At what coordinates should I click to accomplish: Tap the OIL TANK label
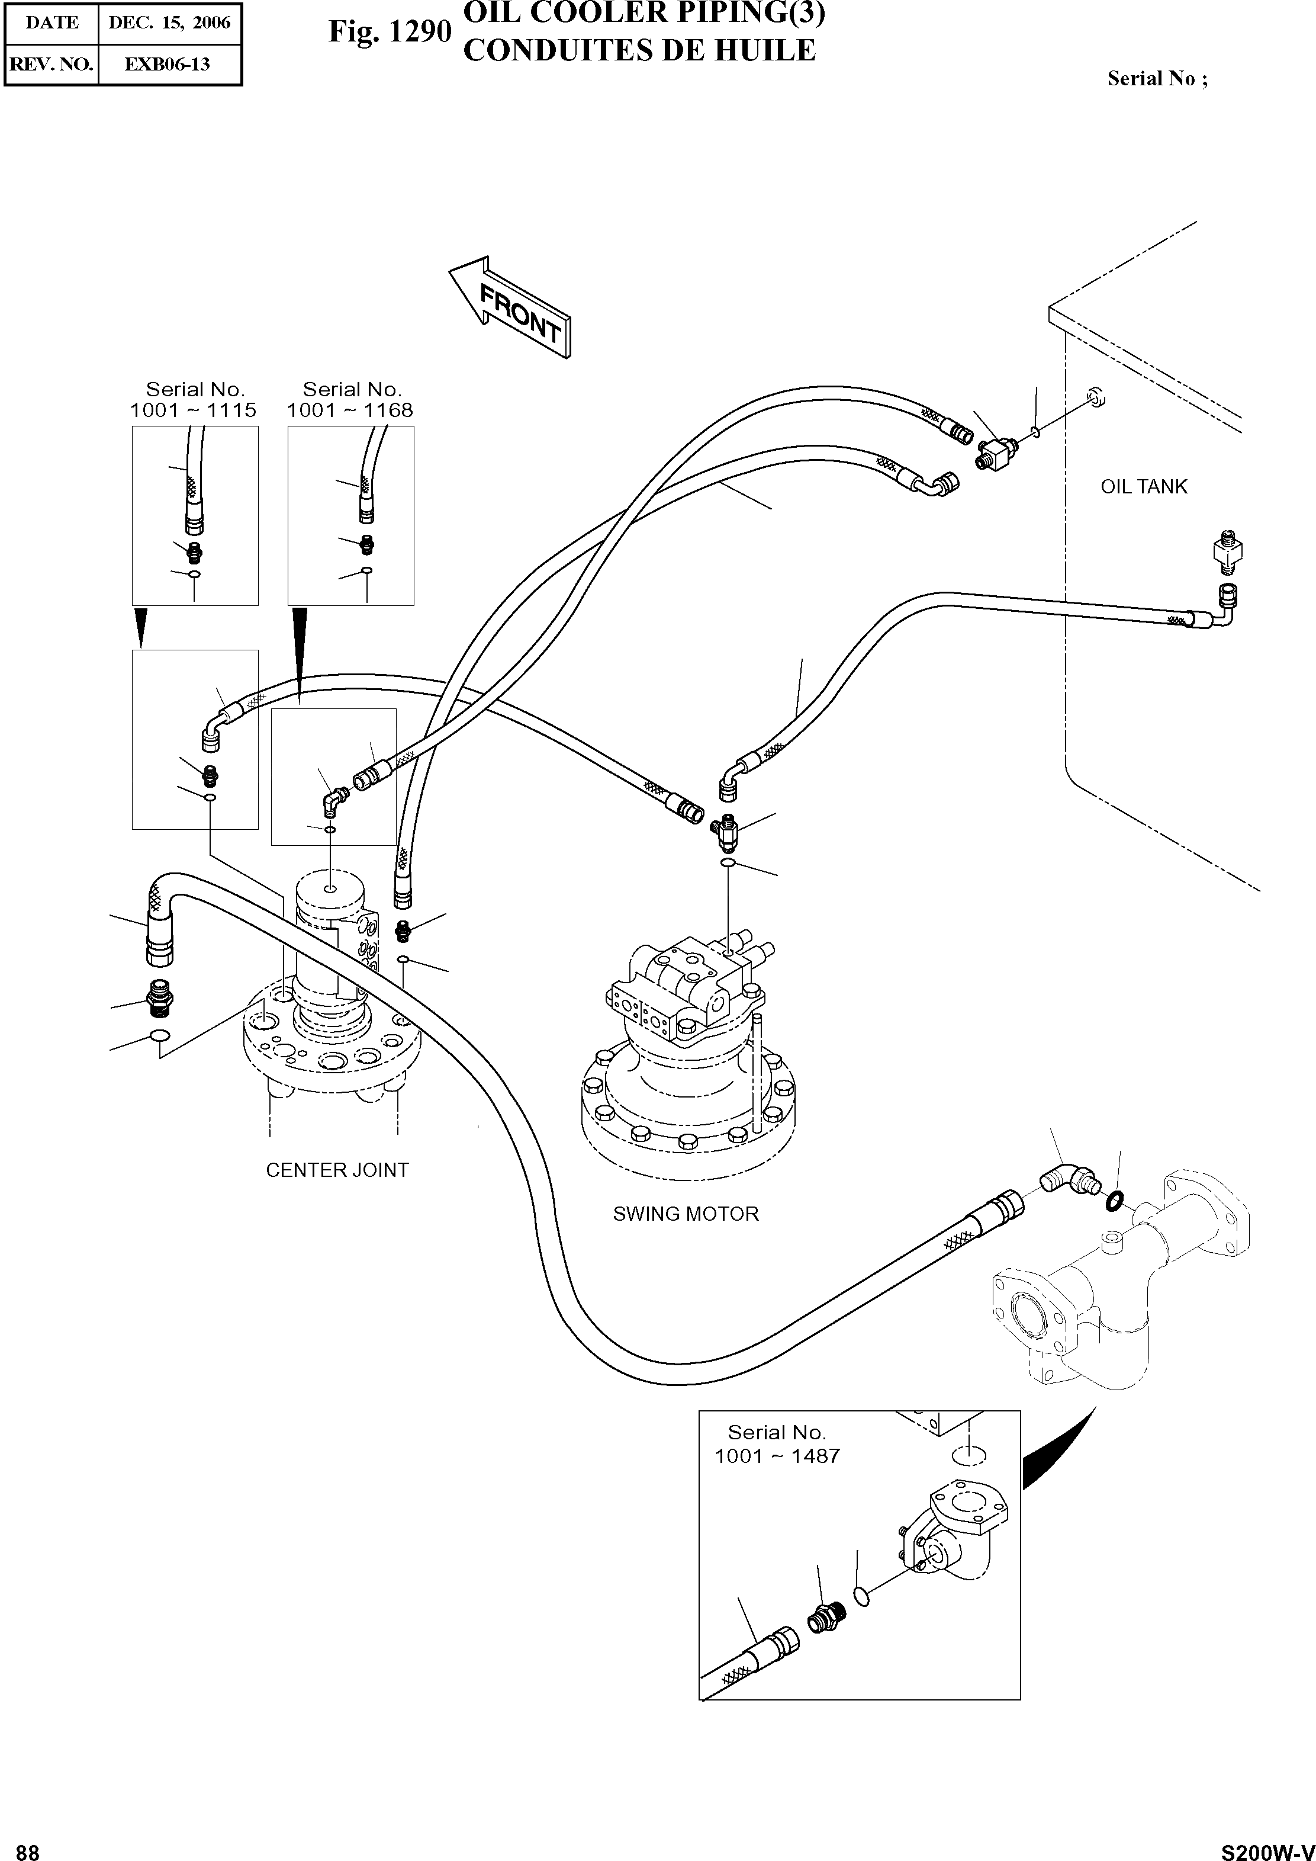[1143, 487]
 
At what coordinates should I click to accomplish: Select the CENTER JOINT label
[337, 1170]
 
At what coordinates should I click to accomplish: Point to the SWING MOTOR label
[686, 1214]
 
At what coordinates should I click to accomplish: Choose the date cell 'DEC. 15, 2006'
[169, 23]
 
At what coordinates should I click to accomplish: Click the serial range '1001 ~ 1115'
[193, 411]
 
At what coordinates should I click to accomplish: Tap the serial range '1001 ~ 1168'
[350, 411]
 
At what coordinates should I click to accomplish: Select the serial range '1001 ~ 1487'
[777, 1456]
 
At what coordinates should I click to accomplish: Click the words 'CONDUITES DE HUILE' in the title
[639, 51]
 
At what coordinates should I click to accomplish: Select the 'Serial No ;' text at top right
[1157, 79]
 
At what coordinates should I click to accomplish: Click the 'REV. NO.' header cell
[51, 65]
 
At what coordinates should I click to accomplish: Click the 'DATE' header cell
[51, 23]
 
